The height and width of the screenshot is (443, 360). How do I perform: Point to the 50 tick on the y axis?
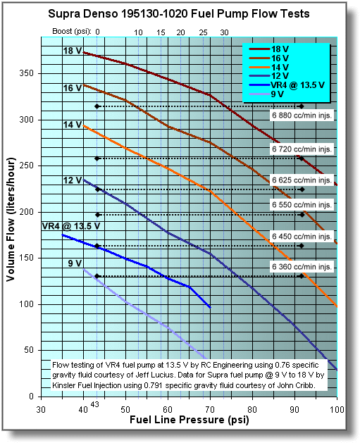[29, 350]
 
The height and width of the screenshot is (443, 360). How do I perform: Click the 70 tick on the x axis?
[210, 409]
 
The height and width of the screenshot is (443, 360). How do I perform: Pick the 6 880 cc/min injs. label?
[301, 113]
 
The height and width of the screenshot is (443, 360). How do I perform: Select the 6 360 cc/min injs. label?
[301, 268]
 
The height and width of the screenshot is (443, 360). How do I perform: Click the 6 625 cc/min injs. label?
[301, 180]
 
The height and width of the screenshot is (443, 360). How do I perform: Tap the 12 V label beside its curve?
[71, 181]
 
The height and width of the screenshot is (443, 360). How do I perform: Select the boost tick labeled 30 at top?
[224, 32]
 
